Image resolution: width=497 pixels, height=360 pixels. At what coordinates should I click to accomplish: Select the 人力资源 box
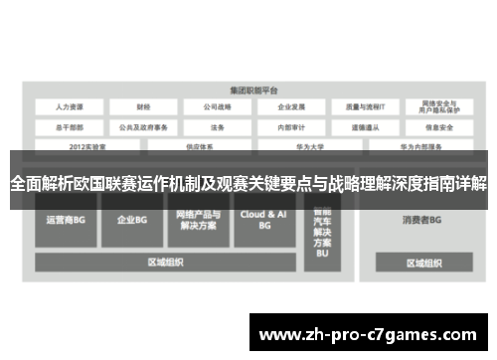click(71, 106)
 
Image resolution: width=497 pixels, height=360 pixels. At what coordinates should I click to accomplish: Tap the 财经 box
click(145, 106)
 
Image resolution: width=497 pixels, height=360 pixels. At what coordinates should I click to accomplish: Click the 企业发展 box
click(291, 106)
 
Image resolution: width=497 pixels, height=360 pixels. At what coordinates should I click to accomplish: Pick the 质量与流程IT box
click(365, 106)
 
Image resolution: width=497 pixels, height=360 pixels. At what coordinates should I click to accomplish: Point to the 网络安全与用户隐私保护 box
click(438, 106)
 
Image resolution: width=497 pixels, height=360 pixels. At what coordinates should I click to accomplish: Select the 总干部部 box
click(71, 126)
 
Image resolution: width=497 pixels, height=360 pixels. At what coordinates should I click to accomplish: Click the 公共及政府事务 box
click(145, 126)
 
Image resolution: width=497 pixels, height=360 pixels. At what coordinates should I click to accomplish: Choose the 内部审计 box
click(291, 126)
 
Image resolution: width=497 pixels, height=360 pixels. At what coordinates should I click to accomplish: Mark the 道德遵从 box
click(365, 126)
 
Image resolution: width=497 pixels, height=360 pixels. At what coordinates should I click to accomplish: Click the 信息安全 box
click(438, 126)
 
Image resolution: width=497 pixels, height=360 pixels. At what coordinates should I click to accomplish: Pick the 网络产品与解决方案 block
click(197, 220)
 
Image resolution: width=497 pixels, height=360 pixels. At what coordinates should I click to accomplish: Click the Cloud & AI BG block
click(263, 220)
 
